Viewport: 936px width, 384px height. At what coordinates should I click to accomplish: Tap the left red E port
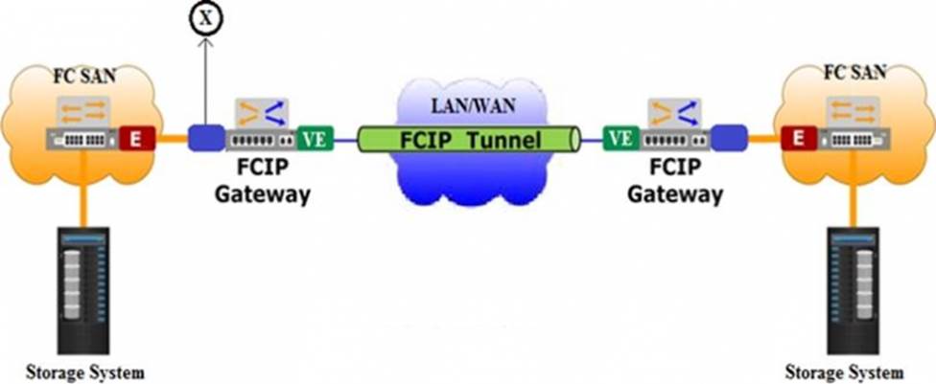pyautogui.click(x=134, y=139)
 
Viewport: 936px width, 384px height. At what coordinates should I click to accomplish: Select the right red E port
pyautogui.click(x=795, y=139)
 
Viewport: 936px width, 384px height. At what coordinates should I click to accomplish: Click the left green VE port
pyautogui.click(x=315, y=139)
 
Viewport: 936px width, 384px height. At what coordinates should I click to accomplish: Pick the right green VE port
pyautogui.click(x=620, y=139)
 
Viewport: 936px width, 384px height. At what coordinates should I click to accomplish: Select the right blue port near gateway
pyautogui.click(x=729, y=139)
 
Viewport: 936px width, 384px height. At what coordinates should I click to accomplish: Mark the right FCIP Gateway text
pyautogui.click(x=673, y=181)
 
